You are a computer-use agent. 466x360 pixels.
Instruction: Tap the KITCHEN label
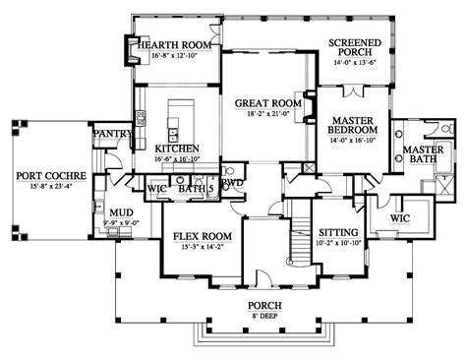(177, 149)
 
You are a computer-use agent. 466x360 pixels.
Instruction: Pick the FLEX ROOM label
(202, 236)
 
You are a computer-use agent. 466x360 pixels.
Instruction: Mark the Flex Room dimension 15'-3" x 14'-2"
(202, 248)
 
